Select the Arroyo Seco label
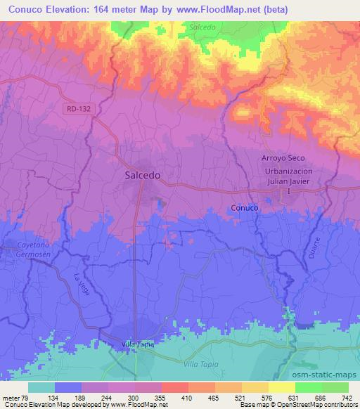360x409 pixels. [x=283, y=160]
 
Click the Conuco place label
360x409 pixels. [x=245, y=208]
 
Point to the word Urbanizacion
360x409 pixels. [x=288, y=171]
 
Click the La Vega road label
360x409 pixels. [x=82, y=283]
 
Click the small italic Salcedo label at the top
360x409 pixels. [x=203, y=27]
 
